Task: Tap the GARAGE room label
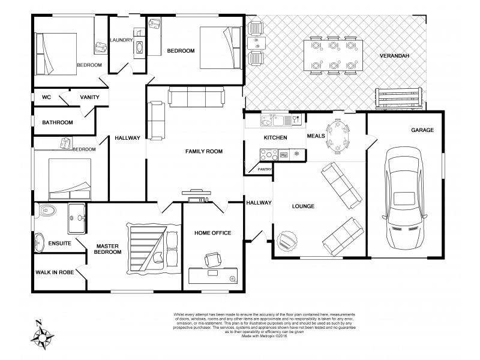click(x=422, y=130)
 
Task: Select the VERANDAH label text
click(x=394, y=56)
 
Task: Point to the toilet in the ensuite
click(x=45, y=211)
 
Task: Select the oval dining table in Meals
click(x=337, y=136)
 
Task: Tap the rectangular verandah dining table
click(x=331, y=55)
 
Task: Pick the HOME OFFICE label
click(x=212, y=233)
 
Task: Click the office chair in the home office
click(x=213, y=260)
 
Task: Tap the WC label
click(x=46, y=97)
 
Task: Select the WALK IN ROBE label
click(x=55, y=272)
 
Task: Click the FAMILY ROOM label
click(x=203, y=152)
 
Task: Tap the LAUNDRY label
click(x=122, y=40)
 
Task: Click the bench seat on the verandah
click(x=399, y=97)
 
